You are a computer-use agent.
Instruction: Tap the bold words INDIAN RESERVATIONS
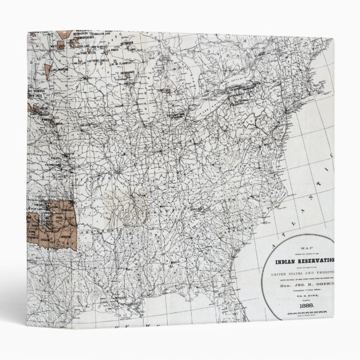click(x=304, y=260)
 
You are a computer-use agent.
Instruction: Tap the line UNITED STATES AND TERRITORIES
click(x=306, y=272)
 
